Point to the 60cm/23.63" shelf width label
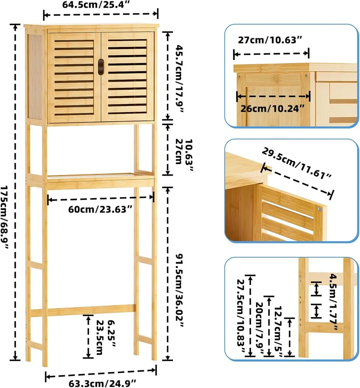[100, 209]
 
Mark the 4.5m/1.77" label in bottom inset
[333, 302]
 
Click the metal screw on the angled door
[320, 210]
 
